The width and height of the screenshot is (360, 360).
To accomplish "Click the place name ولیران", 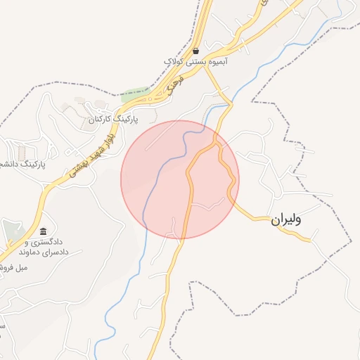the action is point(286,220).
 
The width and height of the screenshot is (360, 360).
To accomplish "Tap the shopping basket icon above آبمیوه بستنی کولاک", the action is point(195,51).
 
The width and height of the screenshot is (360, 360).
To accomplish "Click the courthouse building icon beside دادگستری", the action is point(44,231).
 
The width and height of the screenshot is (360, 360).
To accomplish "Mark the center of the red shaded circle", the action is point(180,179).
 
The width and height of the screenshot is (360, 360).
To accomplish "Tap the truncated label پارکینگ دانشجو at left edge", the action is point(21,164).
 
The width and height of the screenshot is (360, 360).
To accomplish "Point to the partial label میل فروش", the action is point(15,268).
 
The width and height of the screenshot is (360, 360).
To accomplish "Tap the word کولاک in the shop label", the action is point(175,62).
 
